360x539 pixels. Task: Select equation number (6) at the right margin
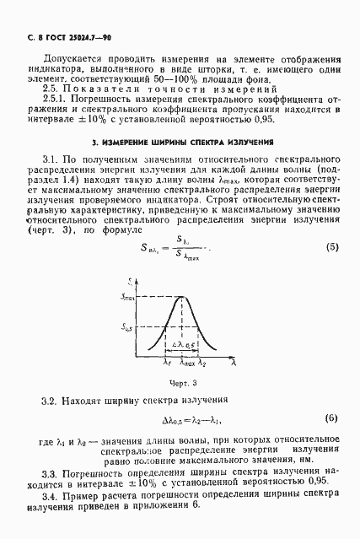click(332, 419)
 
